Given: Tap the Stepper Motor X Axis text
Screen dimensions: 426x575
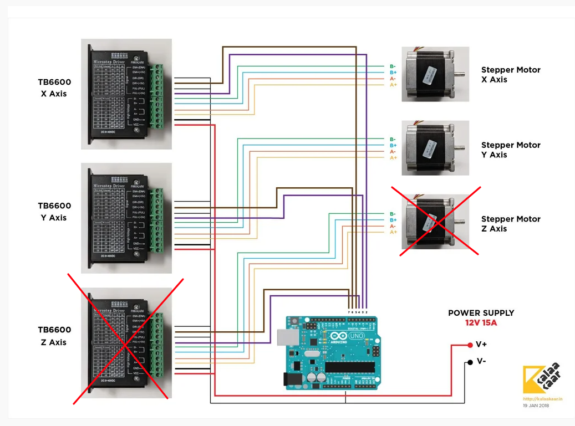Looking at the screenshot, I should coord(510,75).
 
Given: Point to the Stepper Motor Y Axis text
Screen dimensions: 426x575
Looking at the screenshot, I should coord(510,150).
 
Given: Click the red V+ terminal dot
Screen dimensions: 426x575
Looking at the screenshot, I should coord(469,345).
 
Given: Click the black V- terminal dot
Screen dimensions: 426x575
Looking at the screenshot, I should coord(469,361).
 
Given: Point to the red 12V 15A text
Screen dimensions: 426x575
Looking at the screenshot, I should coord(481,322).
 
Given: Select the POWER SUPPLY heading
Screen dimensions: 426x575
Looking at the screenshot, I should coord(481,313).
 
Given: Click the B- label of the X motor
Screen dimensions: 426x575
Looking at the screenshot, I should coord(393,66).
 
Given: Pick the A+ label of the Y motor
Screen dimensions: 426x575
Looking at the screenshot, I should coord(393,158).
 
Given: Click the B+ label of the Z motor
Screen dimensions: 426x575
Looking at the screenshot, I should coord(393,220).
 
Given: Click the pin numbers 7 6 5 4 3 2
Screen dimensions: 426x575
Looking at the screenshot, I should coord(358,313).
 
